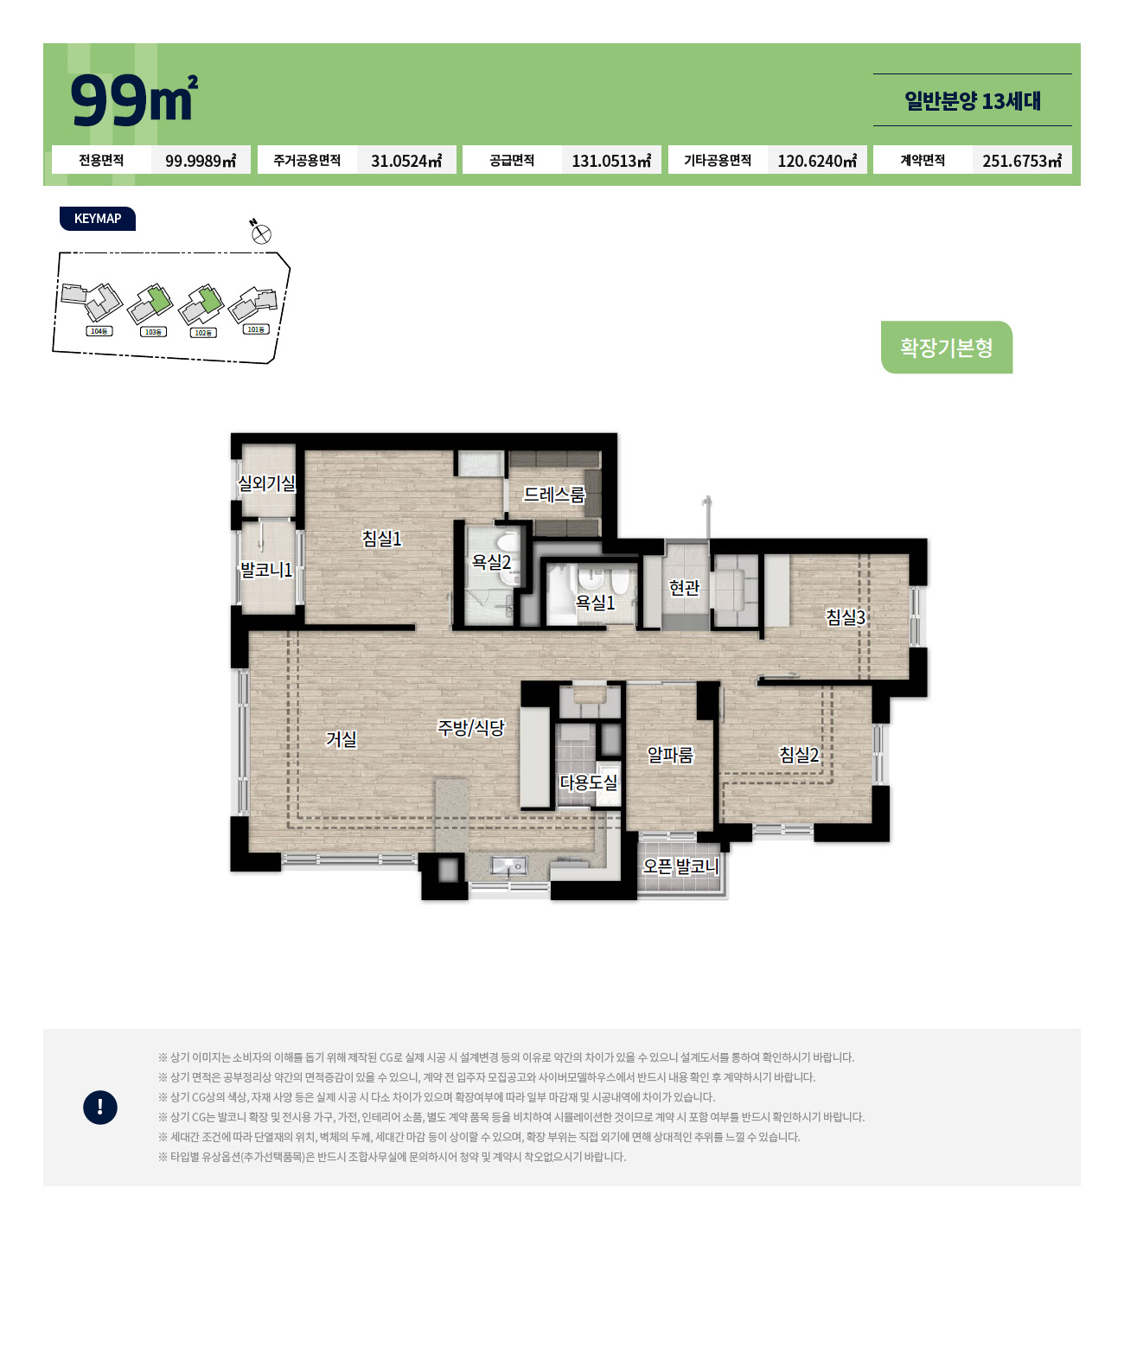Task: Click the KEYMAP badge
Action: pos(97,218)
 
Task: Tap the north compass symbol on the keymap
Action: pos(260,233)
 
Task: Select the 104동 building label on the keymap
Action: pos(99,331)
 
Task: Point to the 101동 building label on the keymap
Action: pos(256,329)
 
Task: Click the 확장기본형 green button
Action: pos(946,348)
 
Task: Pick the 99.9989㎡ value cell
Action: pos(200,160)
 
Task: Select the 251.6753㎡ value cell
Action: pos(1021,160)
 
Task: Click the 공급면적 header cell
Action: pos(512,160)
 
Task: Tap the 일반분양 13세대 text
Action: pos(972,101)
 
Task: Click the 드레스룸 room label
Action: pos(554,495)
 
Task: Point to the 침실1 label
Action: pos(381,538)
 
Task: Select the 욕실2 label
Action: pos(490,561)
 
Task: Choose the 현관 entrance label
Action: pos(684,588)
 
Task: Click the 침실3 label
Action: pos(845,616)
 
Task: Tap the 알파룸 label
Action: pos(670,754)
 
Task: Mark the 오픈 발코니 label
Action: pos(680,865)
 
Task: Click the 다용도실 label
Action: pos(588,782)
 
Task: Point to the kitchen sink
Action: pos(508,866)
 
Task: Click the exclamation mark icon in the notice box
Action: pos(99,1107)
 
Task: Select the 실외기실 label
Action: pos(266,482)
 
